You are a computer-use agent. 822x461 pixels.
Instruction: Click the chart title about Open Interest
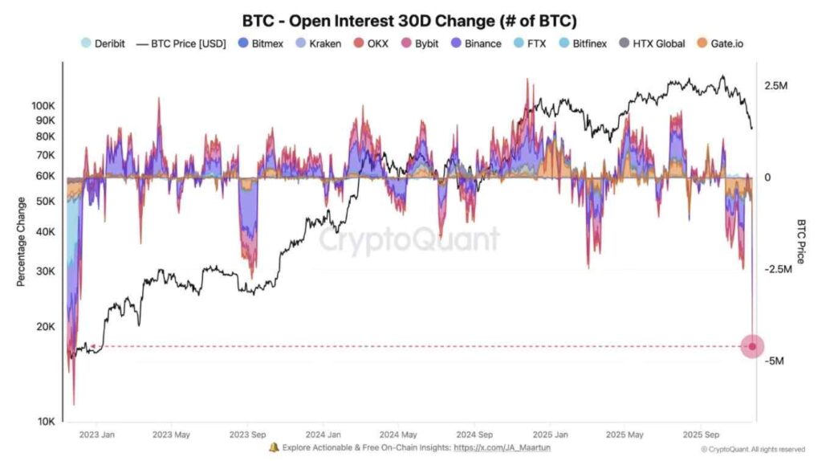(409, 20)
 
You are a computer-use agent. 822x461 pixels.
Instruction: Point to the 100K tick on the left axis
(43, 106)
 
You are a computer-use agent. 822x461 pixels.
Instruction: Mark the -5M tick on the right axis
(775, 361)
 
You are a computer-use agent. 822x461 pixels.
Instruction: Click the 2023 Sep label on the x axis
(247, 435)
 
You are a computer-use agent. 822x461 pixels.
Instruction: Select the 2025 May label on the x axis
(625, 435)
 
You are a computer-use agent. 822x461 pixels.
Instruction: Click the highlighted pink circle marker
(752, 346)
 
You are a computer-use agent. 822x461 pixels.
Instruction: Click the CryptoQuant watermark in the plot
(409, 239)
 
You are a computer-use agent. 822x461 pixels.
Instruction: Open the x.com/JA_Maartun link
(502, 447)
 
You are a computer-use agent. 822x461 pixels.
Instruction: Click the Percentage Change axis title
(21, 242)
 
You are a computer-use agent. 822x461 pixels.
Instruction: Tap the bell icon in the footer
(275, 447)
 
